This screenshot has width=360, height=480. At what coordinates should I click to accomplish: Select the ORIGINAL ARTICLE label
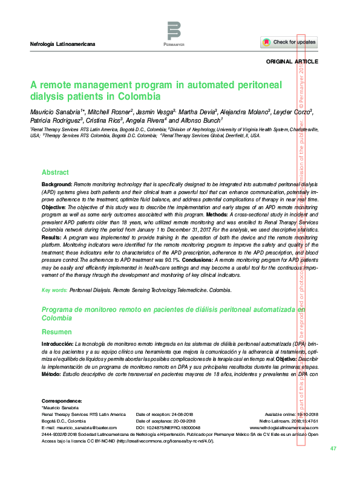pyautogui.click(x=292, y=62)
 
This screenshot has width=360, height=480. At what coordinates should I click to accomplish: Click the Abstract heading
pyautogui.click(x=55, y=172)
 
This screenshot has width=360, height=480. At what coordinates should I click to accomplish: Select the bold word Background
pyautogui.click(x=57, y=183)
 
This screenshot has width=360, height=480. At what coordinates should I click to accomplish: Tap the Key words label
pyautogui.click(x=54, y=291)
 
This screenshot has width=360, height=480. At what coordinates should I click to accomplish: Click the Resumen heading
pyautogui.click(x=56, y=332)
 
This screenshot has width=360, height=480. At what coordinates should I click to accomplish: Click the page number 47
pyautogui.click(x=333, y=449)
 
